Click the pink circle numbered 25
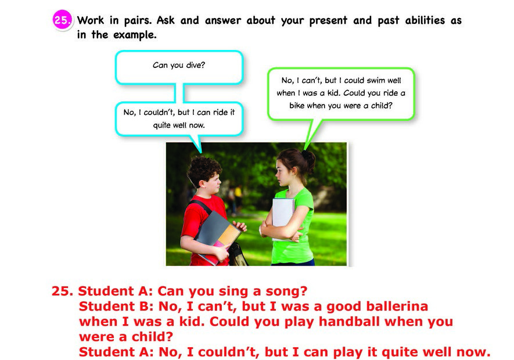click(x=62, y=20)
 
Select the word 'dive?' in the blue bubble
click(x=196, y=65)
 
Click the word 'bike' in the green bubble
click(x=297, y=106)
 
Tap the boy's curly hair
click(x=204, y=169)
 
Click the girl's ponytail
click(x=308, y=161)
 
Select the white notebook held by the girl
click(x=283, y=213)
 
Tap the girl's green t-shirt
click(x=293, y=229)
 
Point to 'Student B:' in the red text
click(x=116, y=306)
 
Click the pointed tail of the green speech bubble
click(x=305, y=149)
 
